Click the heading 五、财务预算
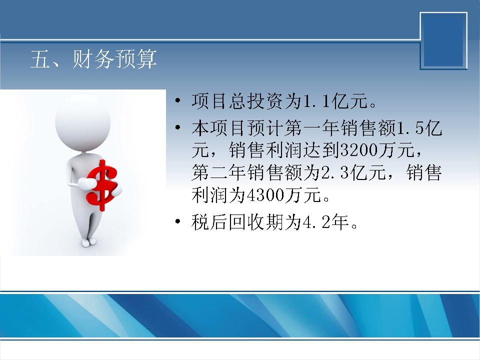pos(93,59)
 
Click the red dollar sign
pos(102,186)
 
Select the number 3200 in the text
pos(359,150)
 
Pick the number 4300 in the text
pos(265,194)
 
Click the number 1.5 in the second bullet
pos(410,128)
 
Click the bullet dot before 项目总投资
pos(177,100)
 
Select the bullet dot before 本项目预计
pos(177,127)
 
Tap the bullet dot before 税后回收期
pos(177,221)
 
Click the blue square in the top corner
pos(443,40)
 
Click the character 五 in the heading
pos(40,59)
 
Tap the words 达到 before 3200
pos(321,150)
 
